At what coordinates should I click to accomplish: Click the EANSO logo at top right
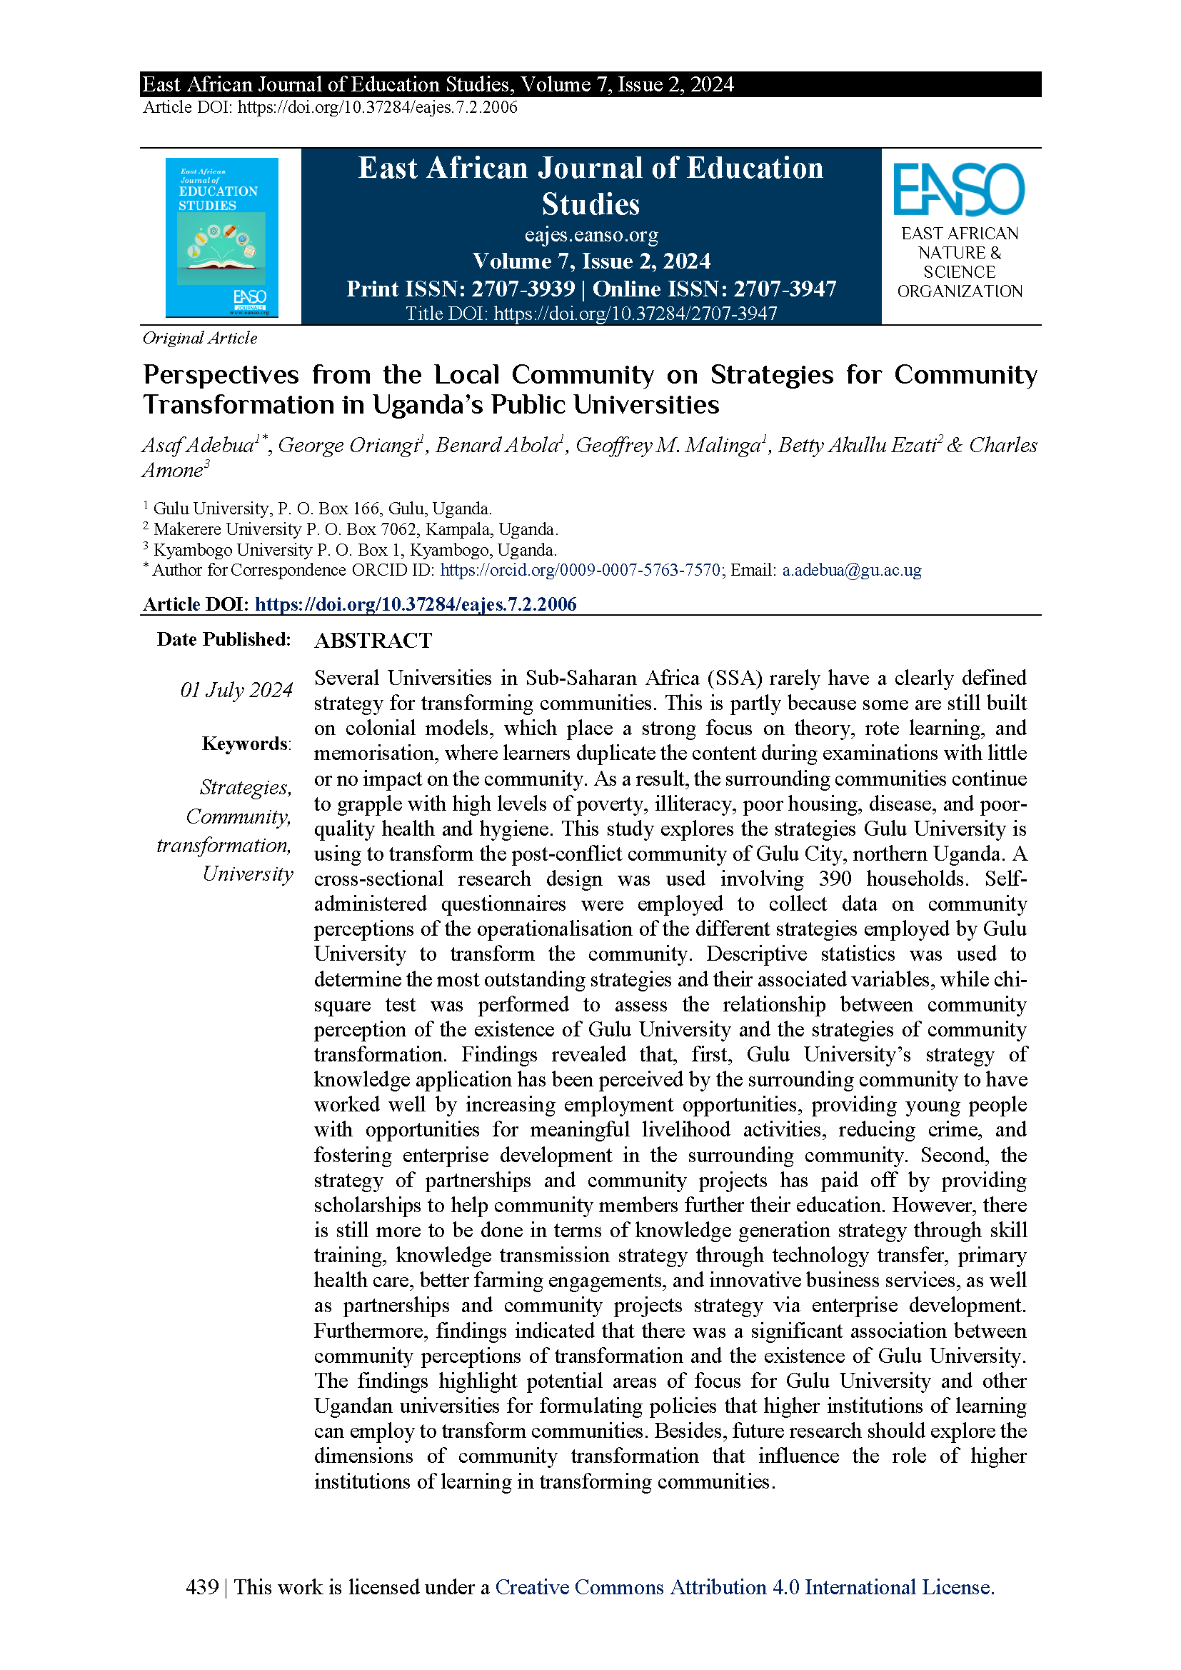958,190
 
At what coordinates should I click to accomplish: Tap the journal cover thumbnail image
222,237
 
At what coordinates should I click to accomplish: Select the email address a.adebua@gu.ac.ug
852,570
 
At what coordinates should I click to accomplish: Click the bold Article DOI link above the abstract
416,604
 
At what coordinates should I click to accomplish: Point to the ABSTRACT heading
373,641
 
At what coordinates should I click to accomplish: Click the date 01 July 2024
236,689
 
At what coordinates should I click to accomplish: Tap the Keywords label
246,744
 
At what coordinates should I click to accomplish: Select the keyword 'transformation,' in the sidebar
224,845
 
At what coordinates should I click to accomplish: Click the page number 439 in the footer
202,1586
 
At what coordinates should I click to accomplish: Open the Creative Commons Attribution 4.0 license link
744,1586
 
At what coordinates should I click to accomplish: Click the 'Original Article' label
200,339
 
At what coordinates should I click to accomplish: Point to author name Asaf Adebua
198,445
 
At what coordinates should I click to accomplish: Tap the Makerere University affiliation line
355,529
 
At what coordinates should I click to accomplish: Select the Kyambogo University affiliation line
354,549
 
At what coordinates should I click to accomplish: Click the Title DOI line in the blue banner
591,314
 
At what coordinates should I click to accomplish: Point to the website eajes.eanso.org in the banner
591,235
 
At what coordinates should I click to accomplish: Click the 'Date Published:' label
224,639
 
